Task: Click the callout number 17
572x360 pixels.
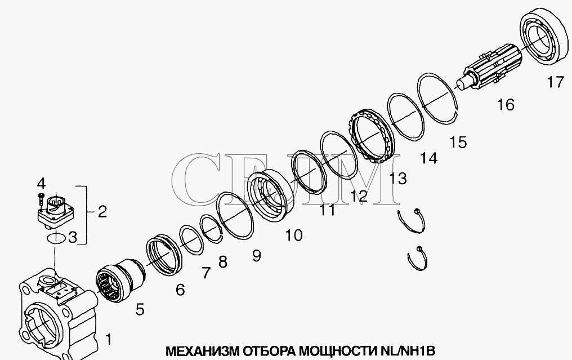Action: [x=556, y=82]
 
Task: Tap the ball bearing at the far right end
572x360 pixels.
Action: [x=544, y=37]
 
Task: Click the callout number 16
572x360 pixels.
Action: [x=506, y=105]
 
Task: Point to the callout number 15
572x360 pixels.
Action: [x=458, y=142]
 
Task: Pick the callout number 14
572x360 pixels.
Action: [x=428, y=158]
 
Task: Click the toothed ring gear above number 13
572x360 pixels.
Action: [x=373, y=137]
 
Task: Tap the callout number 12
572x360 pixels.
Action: [x=359, y=197]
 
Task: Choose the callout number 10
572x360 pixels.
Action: [x=294, y=235]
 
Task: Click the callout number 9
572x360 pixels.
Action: [x=257, y=256]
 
